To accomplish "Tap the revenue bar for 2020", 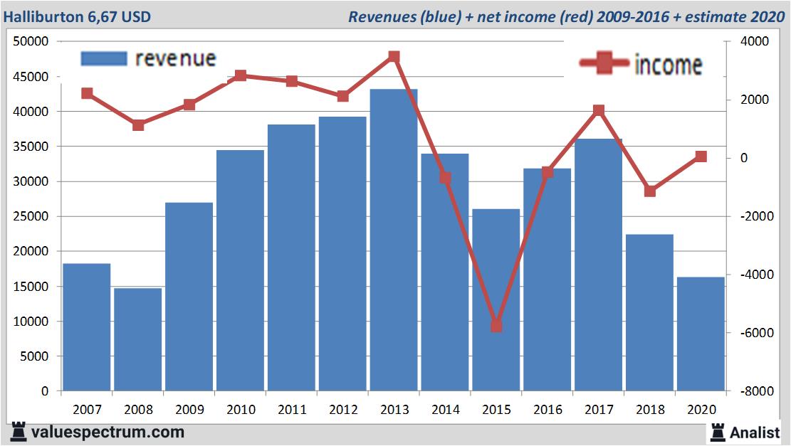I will point(701,334).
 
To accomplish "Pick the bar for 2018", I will point(649,312).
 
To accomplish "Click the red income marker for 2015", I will point(496,326).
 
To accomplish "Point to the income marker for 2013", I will point(394,57).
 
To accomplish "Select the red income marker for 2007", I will point(87,93).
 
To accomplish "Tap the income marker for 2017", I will point(599,110).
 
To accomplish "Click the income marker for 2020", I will point(701,156).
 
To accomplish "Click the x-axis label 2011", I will point(291,410).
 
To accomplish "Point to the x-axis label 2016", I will point(547,410).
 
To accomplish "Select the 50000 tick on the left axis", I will point(31,42).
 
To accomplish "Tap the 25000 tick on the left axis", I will point(31,216).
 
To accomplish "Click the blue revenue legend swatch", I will point(104,59).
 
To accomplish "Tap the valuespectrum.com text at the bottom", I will point(108,432).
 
